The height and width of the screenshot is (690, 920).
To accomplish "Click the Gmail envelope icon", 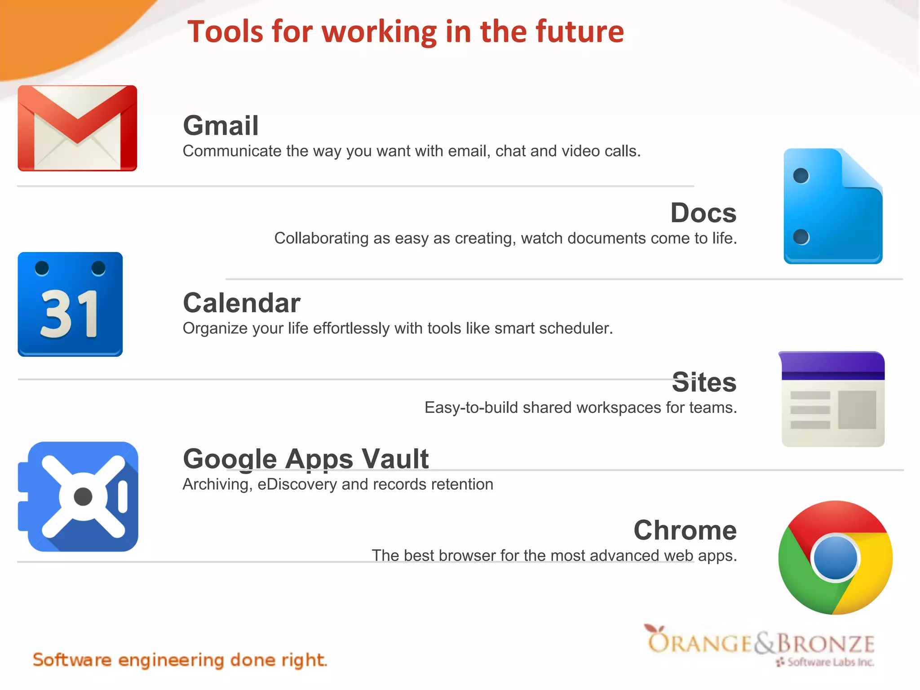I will pos(77,128).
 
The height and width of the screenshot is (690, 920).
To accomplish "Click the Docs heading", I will pos(703,213).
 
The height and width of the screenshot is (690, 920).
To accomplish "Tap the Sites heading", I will pos(704,382).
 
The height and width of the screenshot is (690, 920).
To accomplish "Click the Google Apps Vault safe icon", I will pos(78,496).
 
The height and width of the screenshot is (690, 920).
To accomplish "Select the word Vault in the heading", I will pos(395,459).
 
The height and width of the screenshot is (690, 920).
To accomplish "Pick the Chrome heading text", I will pos(685,530).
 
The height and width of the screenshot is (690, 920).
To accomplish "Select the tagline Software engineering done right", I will pos(180,660).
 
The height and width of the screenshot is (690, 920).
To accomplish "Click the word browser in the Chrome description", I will pos(460,556).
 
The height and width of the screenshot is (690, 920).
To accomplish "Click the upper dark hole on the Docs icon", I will pos(801,176).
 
